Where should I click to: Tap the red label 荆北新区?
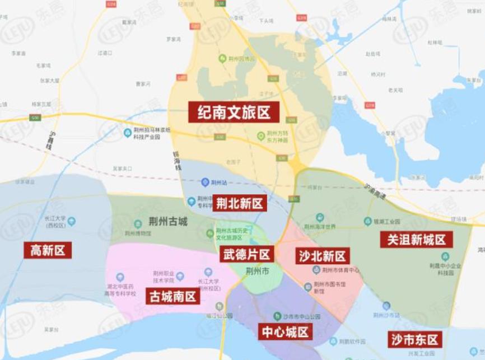pos(239,203)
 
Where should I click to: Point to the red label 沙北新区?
pos(322,256)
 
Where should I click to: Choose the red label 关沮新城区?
pos(416,240)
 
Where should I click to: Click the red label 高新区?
pos(48,250)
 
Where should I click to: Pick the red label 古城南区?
pos(173,296)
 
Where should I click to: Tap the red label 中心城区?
pos(286,331)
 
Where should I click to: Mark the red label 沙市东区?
pos(415,339)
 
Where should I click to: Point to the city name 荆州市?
pos(258,271)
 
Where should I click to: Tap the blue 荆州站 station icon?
pos(205,182)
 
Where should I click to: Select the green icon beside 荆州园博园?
pos(222,58)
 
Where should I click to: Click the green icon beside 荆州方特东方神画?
pos(260,135)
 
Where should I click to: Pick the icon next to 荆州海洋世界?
pos(320,217)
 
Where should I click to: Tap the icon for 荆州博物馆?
pos(138,224)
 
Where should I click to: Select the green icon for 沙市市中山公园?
pos(277,316)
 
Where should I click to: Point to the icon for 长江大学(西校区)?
pos(72,221)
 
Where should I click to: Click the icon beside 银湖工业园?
pos(368,221)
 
